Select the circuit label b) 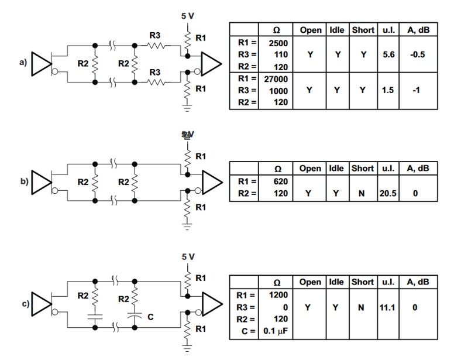24,181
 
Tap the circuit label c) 24,304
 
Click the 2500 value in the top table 278,43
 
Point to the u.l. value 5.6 388,54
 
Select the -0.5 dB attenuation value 418,54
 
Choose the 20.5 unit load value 388,193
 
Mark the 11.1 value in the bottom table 388,307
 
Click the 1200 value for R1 278,295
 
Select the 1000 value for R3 278,91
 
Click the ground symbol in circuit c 188,349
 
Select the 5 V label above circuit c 188,257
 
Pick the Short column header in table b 363,168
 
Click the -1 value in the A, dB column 418,90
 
